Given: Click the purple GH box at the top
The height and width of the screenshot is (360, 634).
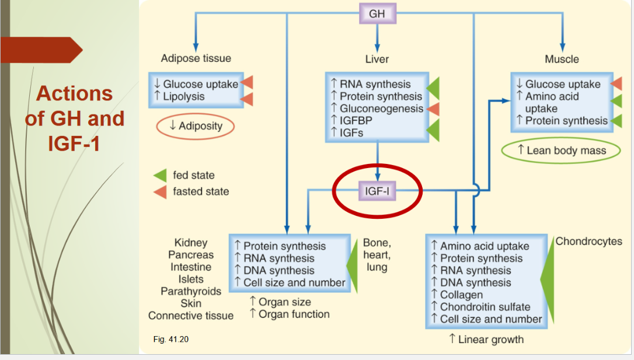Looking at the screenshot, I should coord(377,13).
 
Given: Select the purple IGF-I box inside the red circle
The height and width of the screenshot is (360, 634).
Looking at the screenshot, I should coord(377,190).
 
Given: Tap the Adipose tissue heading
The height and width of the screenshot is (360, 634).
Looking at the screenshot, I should coord(196,58).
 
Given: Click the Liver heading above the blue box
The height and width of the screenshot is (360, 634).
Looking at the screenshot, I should coord(377,59).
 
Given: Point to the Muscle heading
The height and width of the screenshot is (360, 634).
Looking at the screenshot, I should coord(562,59).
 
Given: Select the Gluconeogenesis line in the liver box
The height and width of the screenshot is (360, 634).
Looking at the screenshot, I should coord(381,109).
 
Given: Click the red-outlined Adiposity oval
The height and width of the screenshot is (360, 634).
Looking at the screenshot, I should coord(196,126).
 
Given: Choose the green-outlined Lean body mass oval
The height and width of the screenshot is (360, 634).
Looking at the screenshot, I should coord(562,151).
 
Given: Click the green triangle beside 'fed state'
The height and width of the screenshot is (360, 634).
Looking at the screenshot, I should coord(159,175).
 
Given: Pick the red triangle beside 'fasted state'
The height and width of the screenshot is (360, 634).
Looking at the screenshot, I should coord(159,191).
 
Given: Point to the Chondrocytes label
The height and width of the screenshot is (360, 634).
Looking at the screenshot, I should coord(588,242).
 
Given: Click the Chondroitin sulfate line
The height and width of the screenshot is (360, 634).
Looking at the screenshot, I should coord(485,307).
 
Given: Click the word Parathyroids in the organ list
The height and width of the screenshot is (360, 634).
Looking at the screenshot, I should coord(191,291).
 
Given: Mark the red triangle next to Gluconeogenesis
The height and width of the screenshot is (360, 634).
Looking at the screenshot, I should coord(432,109).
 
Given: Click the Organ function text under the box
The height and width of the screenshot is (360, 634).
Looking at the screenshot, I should coord(289,314).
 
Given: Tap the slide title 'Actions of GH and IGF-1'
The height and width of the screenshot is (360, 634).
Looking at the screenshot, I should coord(74,118).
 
